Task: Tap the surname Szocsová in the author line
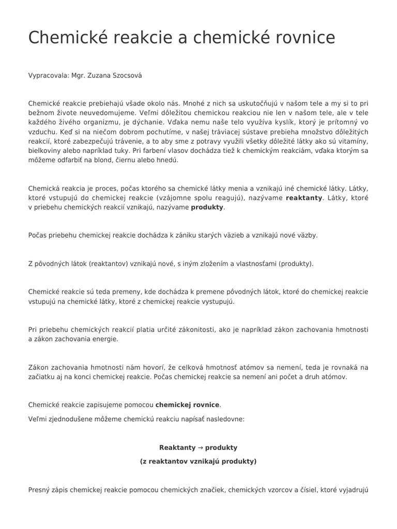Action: (125, 75)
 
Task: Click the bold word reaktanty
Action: (304, 198)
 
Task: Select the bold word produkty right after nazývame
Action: (208, 207)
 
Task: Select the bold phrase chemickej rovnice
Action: (187, 405)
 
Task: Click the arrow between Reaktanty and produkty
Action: (201, 447)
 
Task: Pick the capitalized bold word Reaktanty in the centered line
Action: (177, 447)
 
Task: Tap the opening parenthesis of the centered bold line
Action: (141, 461)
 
